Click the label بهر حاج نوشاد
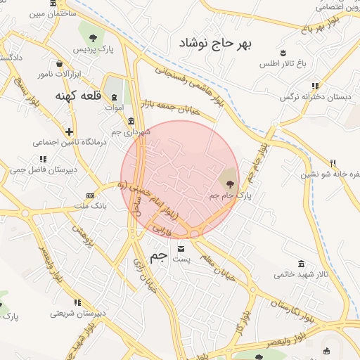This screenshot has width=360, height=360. click(214, 44)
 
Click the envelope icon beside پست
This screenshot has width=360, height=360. click(181, 248)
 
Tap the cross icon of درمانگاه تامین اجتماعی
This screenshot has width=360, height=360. click(69, 131)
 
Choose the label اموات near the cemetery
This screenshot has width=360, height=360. click(113, 108)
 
